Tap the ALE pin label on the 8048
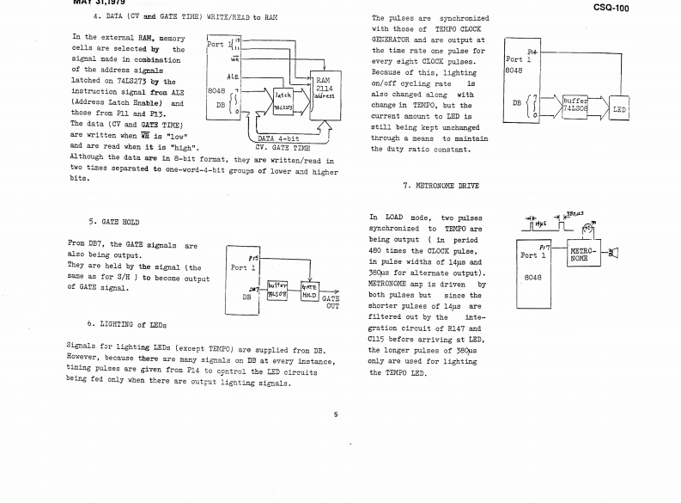tap(231, 75)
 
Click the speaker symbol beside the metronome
tap(611, 253)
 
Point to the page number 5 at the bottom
tap(336, 414)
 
